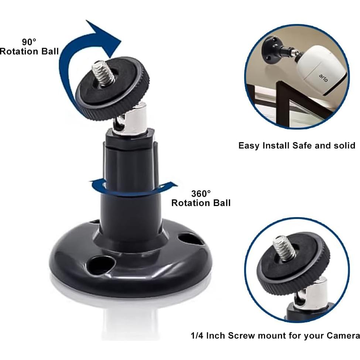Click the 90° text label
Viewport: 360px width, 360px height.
[30, 41]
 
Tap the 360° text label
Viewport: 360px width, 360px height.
[201, 193]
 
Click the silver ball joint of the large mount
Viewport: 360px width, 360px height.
[131, 118]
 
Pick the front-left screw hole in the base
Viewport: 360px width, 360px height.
[101, 265]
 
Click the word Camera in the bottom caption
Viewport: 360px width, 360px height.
[343, 336]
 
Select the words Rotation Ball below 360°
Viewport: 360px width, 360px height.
[201, 203]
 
